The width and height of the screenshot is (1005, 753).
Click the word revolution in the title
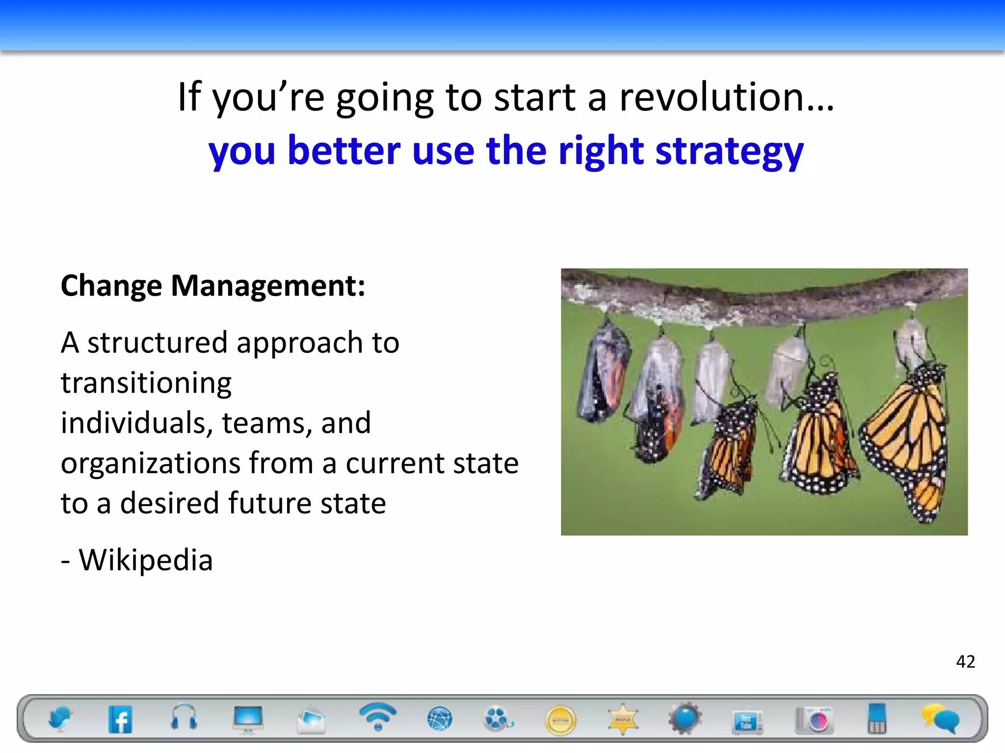726,97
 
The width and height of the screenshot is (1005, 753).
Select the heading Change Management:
213,285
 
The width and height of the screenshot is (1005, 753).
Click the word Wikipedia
146,559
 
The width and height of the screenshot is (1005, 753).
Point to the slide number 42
965,661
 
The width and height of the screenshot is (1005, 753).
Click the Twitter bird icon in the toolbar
60,719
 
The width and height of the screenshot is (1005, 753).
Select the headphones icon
184,718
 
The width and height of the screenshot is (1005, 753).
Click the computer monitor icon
248,719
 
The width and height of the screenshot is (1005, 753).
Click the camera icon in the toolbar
814,720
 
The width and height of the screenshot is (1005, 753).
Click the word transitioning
146,382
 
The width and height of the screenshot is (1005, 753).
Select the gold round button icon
560,720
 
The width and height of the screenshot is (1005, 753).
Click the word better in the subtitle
344,151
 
